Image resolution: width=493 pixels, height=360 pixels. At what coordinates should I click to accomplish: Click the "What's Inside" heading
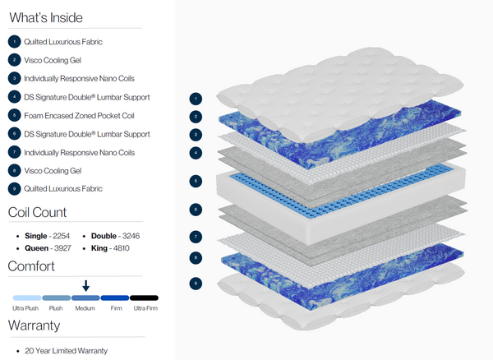point(45,17)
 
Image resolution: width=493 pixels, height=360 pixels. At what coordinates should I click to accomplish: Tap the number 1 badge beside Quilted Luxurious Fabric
point(14,41)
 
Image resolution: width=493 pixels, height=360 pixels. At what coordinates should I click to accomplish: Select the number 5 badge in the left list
point(14,115)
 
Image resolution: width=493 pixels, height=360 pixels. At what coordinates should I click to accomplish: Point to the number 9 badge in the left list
point(14,189)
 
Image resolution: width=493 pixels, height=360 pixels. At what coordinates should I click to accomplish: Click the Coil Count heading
point(38,213)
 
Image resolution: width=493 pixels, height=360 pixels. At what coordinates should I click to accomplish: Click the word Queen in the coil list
point(37,247)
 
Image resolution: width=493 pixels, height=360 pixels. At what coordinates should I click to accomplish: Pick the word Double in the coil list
point(104,234)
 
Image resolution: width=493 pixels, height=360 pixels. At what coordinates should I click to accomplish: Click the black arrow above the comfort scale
point(85,284)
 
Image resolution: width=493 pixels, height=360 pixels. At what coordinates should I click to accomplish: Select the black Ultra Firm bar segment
point(144,298)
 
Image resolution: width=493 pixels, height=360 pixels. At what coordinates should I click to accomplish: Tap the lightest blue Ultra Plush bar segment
point(25,298)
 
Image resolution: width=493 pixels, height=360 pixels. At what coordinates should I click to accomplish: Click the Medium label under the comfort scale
point(85,308)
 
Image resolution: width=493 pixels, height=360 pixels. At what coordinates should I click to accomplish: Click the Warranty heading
point(34,325)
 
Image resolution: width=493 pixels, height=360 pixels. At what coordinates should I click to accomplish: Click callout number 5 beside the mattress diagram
point(195,180)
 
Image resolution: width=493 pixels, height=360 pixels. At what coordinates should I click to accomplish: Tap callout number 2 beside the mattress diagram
point(195,117)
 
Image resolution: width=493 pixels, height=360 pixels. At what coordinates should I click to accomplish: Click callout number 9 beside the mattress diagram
point(195,283)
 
